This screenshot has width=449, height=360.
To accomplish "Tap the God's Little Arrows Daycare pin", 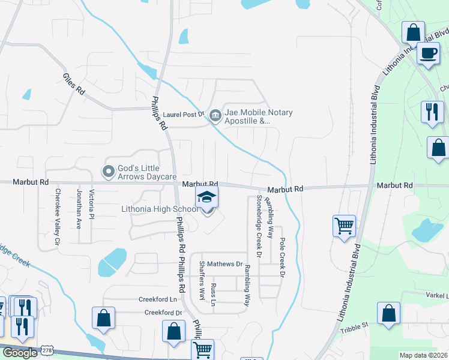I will click(x=109, y=172).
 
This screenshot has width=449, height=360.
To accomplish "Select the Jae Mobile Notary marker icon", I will click(x=214, y=113).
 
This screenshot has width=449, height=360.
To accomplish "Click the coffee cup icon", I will click(x=428, y=53).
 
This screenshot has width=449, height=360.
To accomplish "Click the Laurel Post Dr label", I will click(x=184, y=114).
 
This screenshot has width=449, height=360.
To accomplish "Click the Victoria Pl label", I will click(x=92, y=203).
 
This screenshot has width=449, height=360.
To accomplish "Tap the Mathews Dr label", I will click(x=226, y=264).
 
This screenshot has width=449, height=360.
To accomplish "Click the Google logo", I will click(x=20, y=353).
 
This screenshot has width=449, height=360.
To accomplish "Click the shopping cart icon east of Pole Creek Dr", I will click(x=345, y=226).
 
